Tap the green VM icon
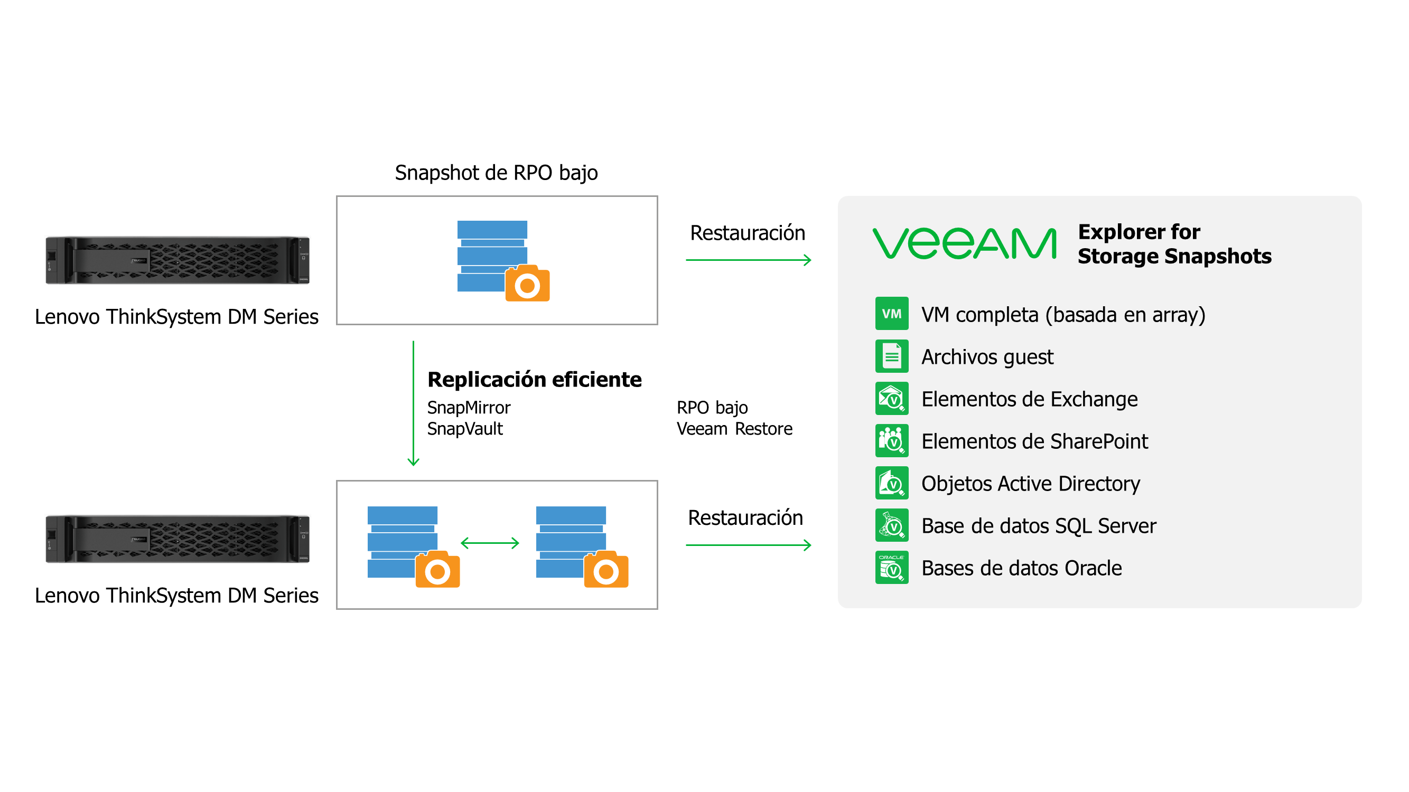tap(892, 313)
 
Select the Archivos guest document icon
tap(892, 356)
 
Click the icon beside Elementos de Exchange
tap(892, 399)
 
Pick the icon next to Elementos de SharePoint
tap(892, 440)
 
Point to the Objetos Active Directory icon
tap(892, 483)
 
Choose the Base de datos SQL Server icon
tap(892, 525)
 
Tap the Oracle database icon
tap(892, 568)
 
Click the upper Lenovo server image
tap(177, 260)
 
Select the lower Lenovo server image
tap(177, 539)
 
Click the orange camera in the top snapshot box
tap(527, 284)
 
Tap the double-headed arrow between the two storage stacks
tap(490, 543)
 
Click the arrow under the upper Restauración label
tap(748, 260)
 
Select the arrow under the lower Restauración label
tap(748, 545)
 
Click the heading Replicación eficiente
tap(535, 379)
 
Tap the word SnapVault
tap(465, 429)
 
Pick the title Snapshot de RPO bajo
tap(496, 173)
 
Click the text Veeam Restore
tap(734, 429)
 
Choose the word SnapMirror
tap(469, 408)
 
